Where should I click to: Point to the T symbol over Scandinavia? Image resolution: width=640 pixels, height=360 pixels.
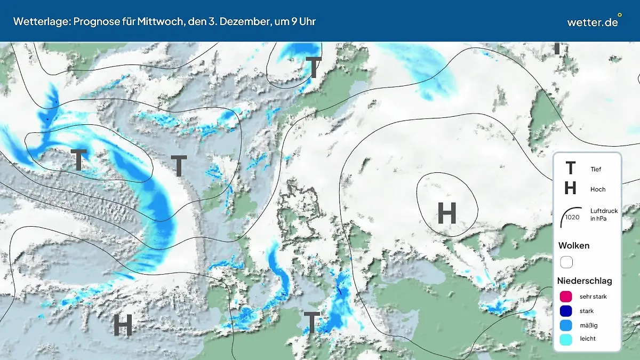[314, 68]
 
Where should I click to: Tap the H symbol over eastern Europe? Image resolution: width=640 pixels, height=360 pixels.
[447, 213]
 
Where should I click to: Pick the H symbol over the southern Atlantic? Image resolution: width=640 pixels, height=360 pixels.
[123, 325]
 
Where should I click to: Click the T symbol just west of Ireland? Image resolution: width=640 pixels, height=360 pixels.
[179, 166]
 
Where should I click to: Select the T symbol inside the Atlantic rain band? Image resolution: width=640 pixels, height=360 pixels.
[79, 159]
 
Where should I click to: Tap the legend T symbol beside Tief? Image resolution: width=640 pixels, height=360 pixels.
[570, 169]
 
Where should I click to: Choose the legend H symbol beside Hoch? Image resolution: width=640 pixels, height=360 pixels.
[570, 188]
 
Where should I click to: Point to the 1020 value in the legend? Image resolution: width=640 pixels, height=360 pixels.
[572, 217]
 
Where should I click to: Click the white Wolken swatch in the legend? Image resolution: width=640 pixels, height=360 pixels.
[566, 262]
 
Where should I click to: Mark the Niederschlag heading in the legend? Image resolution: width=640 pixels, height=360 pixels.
[585, 281]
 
